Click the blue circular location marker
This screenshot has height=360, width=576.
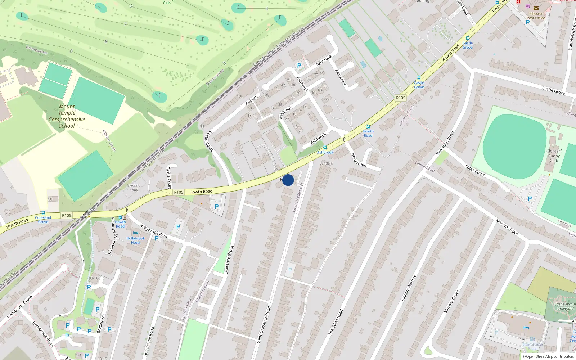click(x=288, y=180)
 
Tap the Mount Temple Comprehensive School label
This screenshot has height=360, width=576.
click(x=67, y=116)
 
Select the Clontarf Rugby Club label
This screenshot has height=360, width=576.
click(x=554, y=156)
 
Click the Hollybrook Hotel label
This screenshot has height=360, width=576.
click(x=136, y=240)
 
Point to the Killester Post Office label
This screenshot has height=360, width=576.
click(x=536, y=15)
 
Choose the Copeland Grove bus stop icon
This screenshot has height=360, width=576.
click(x=43, y=213)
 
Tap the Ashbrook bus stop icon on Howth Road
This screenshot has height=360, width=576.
click(x=325, y=148)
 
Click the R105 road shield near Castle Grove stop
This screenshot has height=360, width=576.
click(x=400, y=98)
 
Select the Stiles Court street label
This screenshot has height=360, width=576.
click(x=475, y=170)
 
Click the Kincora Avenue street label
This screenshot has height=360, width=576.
click(x=409, y=288)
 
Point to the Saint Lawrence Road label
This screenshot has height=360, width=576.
click(x=264, y=324)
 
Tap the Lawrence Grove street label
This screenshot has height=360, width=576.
click(x=229, y=260)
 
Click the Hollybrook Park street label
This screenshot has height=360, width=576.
click(x=153, y=231)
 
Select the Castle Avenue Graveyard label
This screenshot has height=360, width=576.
click(x=565, y=306)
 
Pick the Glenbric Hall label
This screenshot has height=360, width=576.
click(x=134, y=188)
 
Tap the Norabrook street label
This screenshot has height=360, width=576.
click(x=359, y=159)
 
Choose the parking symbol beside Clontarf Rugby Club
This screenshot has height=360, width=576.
click(x=530, y=199)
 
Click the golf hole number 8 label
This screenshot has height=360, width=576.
click(x=106, y=41)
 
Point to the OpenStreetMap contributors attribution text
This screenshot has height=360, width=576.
click(x=548, y=356)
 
